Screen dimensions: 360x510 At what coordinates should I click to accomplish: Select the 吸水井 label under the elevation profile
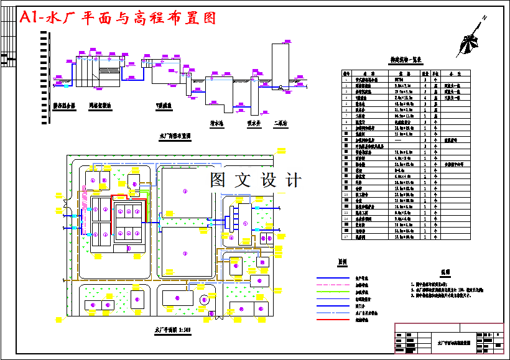click(253, 123)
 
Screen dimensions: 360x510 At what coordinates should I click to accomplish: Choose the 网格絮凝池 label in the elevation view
click(100, 106)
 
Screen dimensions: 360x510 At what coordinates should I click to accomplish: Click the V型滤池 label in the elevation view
click(165, 106)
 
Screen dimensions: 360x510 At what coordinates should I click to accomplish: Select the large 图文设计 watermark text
click(255, 180)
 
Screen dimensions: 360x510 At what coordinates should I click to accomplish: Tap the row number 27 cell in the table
click(346, 237)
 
